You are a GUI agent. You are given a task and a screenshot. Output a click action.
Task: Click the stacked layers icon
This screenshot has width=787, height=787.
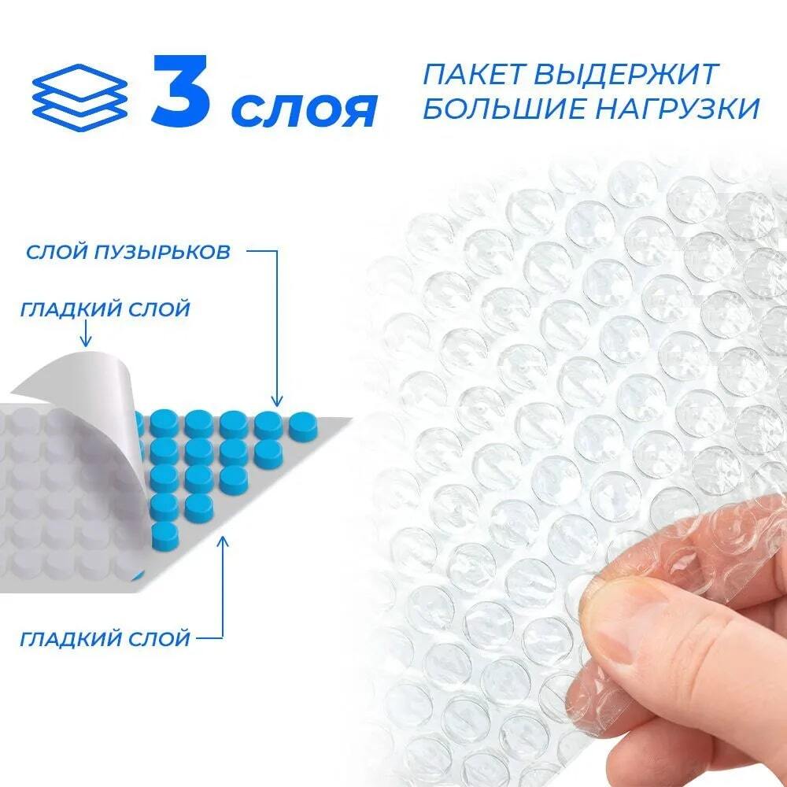click(x=79, y=98)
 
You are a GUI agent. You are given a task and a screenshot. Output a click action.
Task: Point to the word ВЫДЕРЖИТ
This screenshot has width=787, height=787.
click(x=626, y=74)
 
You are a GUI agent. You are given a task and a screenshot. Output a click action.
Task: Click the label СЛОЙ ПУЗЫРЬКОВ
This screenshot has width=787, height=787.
click(x=128, y=252)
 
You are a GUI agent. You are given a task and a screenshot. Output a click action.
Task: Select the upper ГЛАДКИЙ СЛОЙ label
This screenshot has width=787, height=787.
click(x=105, y=309)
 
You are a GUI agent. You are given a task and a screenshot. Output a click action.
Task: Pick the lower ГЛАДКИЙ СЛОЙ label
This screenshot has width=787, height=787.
click(x=105, y=638)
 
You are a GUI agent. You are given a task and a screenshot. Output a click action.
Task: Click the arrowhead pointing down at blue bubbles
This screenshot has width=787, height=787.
click(x=276, y=401)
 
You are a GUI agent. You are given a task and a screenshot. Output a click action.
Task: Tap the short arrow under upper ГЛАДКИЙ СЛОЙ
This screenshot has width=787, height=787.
click(x=86, y=333)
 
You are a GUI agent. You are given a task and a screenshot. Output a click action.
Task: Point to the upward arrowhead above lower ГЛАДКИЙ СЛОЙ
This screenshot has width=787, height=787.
click(x=224, y=541)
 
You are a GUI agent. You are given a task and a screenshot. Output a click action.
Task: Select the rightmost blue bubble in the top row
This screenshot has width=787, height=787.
click(x=302, y=424)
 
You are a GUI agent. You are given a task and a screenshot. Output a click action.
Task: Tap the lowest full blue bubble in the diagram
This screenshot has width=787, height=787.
click(x=164, y=535)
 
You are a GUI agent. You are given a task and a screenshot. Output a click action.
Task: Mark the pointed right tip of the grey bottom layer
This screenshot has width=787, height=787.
click(x=350, y=418)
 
